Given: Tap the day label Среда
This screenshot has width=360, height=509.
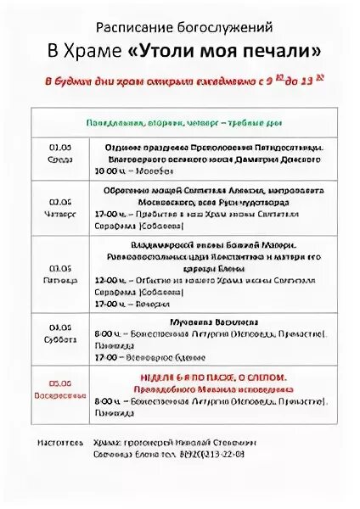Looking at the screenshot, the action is coord(59,158).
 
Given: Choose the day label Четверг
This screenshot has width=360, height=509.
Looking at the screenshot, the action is coord(59,215).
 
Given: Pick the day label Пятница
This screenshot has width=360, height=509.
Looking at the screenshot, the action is coord(59,278).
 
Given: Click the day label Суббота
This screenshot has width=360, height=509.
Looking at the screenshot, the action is coord(59,336).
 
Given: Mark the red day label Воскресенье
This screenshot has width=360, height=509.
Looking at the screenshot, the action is coord(59,394).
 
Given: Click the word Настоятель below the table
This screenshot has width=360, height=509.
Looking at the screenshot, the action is coord(60,443).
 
